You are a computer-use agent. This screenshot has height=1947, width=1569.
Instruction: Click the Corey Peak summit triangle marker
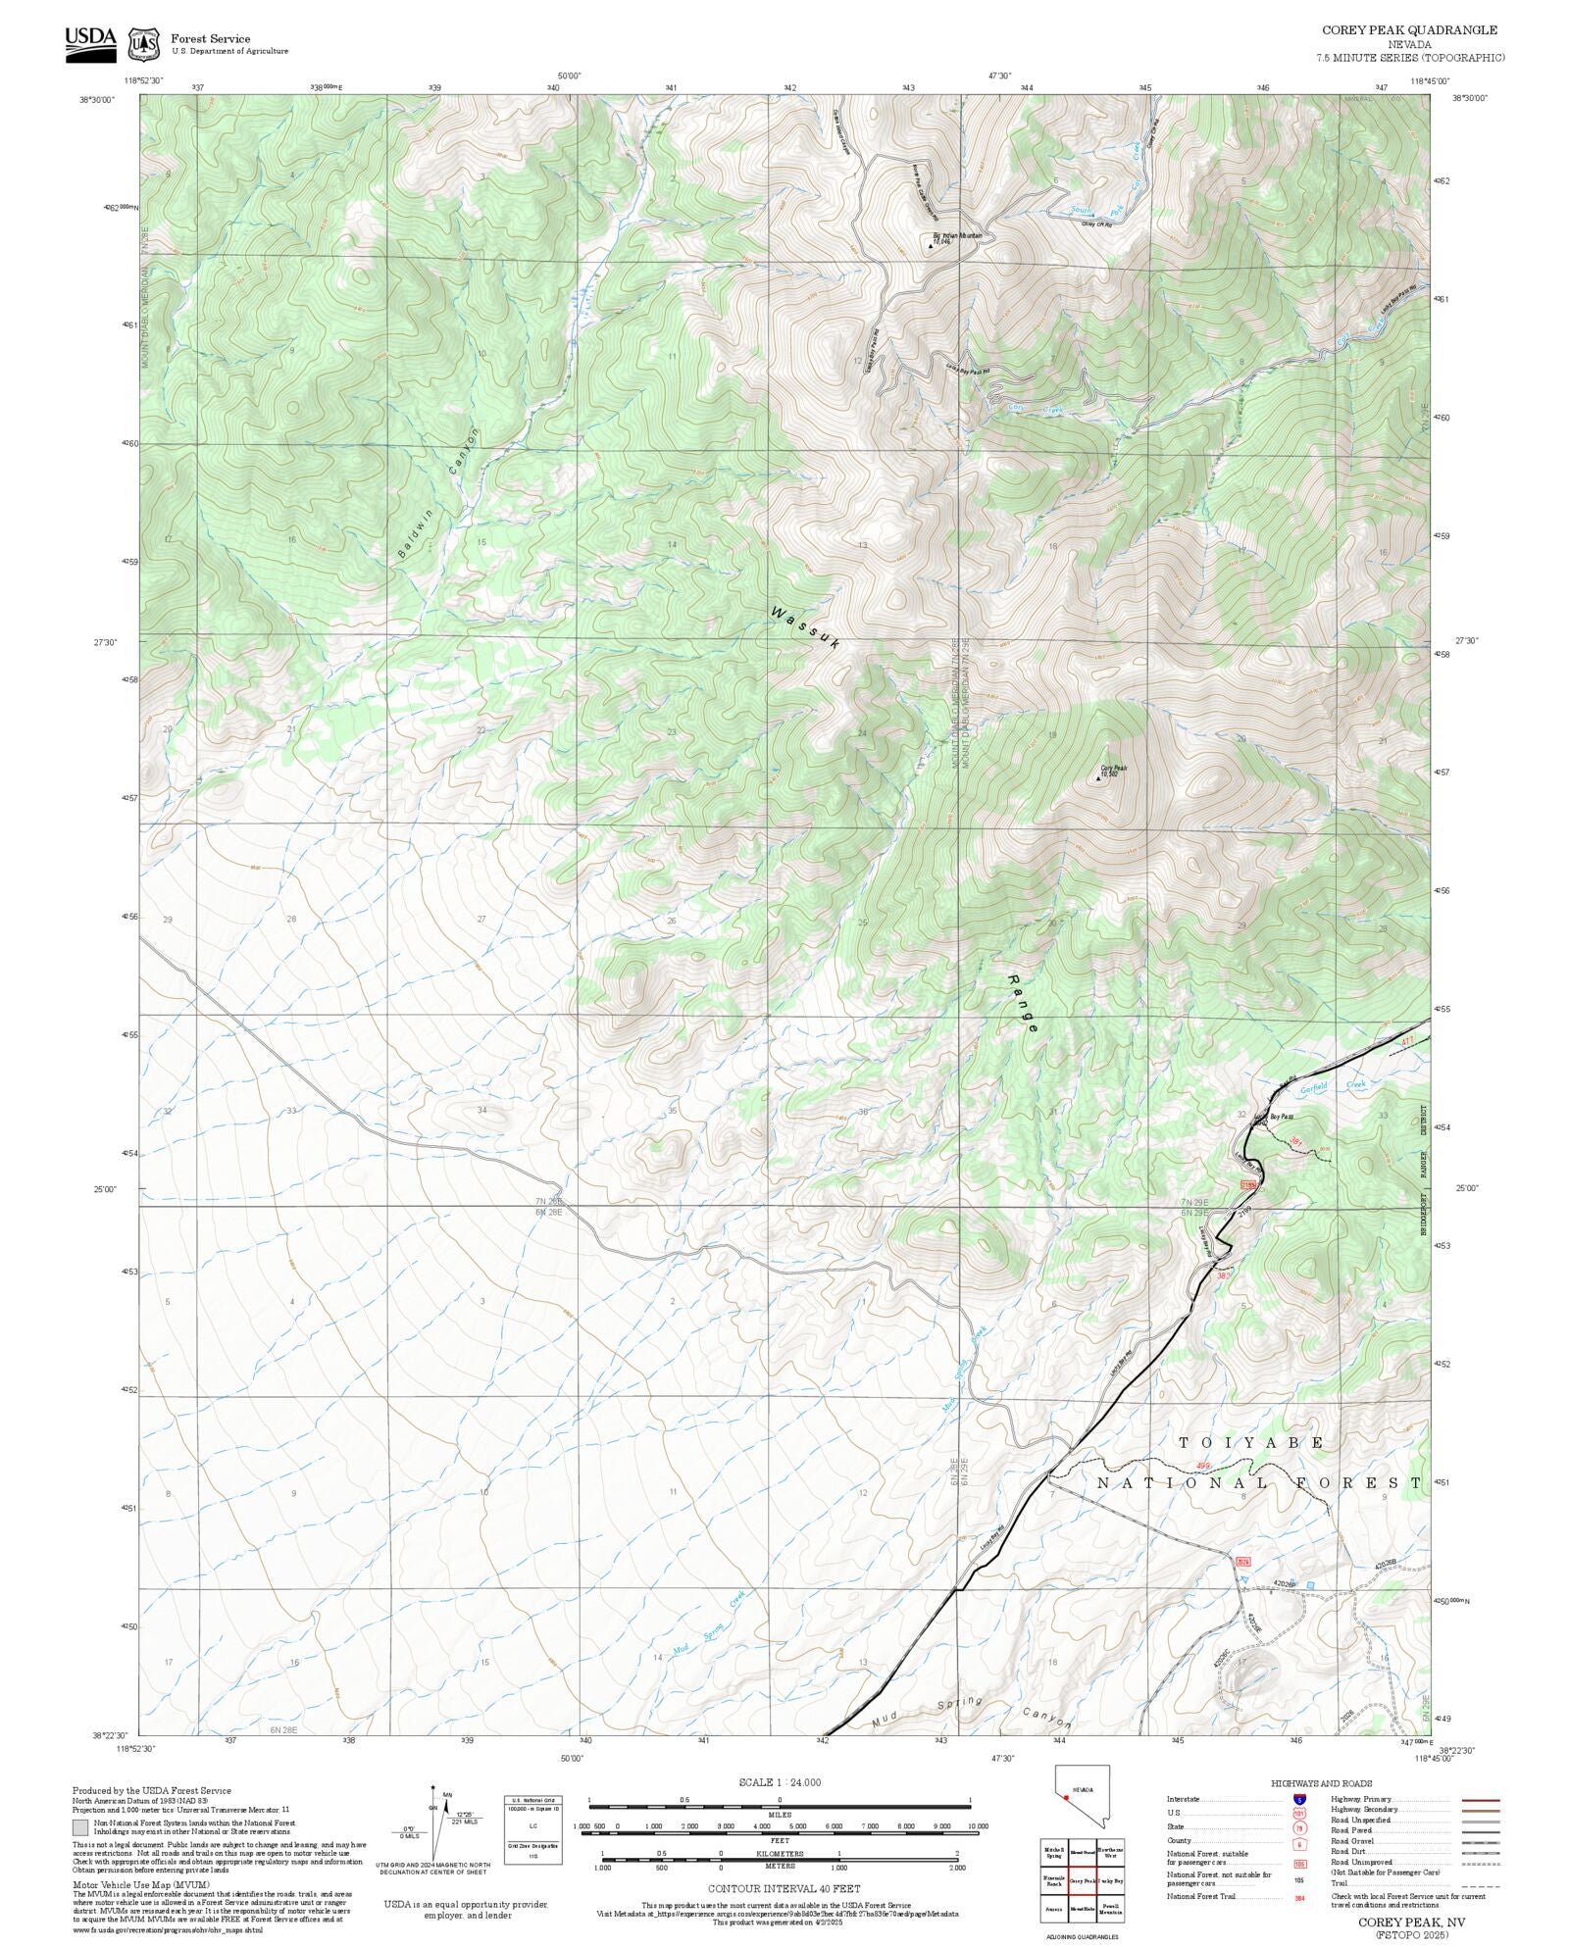coord(1098,778)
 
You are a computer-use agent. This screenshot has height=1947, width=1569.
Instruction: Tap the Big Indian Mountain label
coord(956,236)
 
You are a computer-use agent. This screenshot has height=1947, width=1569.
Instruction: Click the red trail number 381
coord(1295,1140)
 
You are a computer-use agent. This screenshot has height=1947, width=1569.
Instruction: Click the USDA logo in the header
coord(90,43)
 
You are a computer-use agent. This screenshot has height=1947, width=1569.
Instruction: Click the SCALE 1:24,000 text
coord(780,1782)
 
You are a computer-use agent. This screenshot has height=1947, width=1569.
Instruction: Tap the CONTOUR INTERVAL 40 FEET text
coord(784,1887)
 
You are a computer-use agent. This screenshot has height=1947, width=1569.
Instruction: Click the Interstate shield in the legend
coord(1299,1800)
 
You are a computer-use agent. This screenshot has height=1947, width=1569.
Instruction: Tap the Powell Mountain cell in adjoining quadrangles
coord(1111,1909)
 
